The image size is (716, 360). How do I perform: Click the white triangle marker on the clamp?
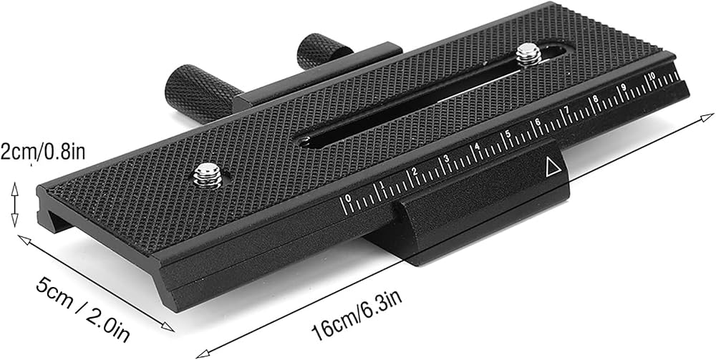point(553,167)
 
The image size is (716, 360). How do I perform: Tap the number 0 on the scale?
point(349,198)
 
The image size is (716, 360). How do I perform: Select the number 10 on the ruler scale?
point(652,75)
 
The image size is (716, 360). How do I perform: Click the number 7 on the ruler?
point(566,110)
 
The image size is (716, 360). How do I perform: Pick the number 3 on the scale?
point(446,159)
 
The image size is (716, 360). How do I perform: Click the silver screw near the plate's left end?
point(207,175)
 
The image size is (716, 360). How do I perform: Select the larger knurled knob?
point(201,92)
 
